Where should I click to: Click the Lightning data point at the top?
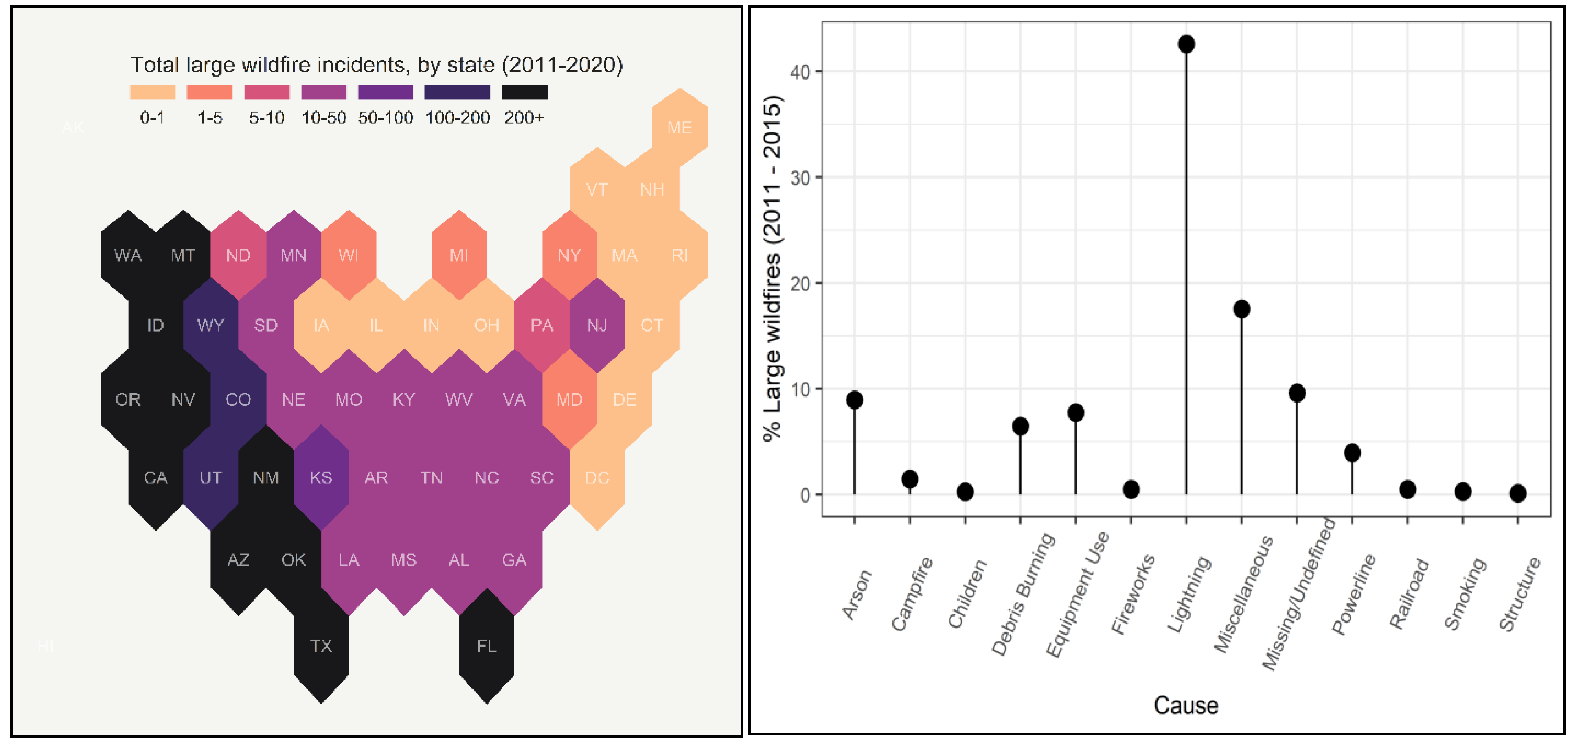(1186, 44)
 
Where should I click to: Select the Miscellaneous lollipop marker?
(1241, 309)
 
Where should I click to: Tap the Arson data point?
(854, 400)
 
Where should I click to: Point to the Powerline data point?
(1352, 453)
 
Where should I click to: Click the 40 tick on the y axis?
(800, 72)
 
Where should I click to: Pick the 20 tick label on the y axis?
(800, 284)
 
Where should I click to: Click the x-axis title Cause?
(1185, 705)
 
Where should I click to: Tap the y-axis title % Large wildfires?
(772, 268)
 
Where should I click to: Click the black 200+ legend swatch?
(524, 92)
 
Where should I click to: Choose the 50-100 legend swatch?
(385, 92)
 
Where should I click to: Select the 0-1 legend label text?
(152, 118)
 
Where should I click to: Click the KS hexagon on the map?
(321, 478)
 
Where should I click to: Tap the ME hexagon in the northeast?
(679, 127)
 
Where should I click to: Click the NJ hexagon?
(597, 325)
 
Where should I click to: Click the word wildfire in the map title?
(278, 65)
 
